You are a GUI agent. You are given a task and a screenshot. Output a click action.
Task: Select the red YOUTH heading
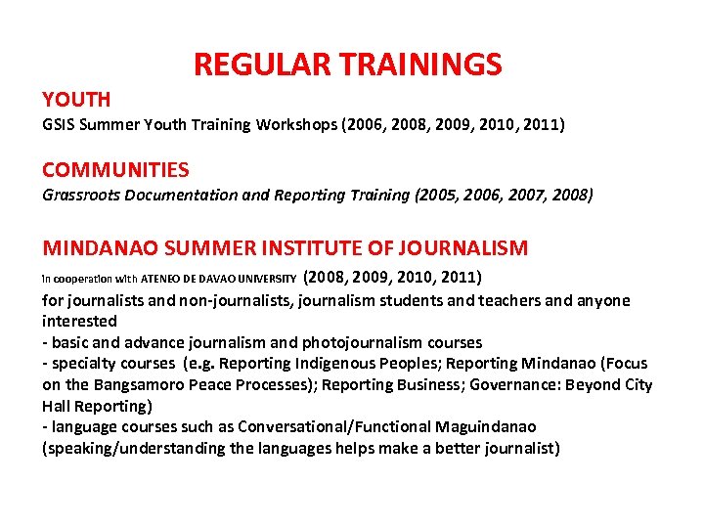pyautogui.click(x=76, y=99)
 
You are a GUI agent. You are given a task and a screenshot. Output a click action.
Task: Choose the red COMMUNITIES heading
pyautogui.click(x=115, y=170)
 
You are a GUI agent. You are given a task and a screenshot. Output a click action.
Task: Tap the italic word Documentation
pyautogui.click(x=183, y=195)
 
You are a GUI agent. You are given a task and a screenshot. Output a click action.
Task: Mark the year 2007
pyautogui.click(x=530, y=195)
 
